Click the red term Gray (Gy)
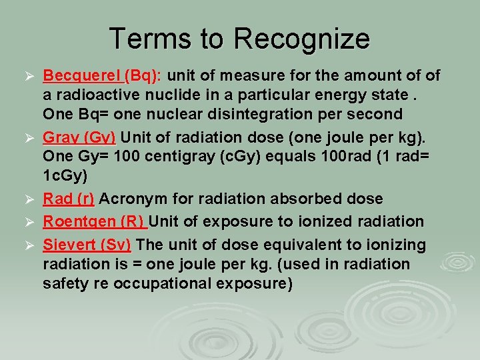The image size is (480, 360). [x=79, y=138]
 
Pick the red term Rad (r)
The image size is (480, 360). [x=69, y=199]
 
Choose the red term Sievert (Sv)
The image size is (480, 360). [x=87, y=244]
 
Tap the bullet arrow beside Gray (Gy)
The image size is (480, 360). [x=28, y=139]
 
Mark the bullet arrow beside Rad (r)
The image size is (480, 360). [x=28, y=199]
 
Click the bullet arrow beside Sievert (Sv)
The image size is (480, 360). [x=28, y=245]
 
